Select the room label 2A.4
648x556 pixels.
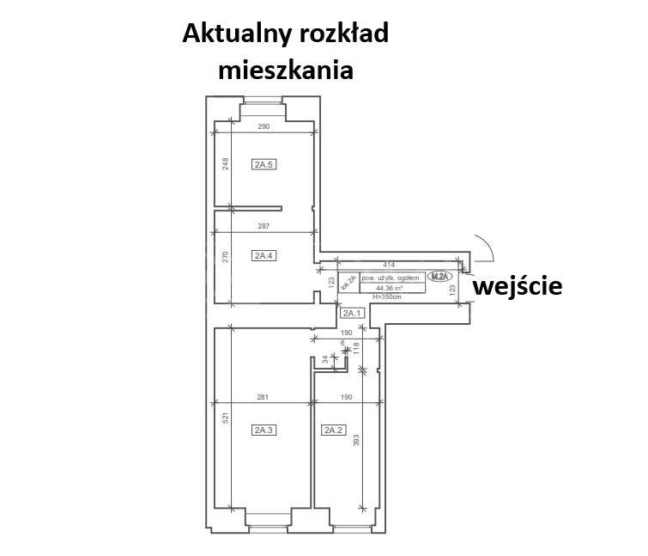click(x=263, y=254)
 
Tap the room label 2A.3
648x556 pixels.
click(x=263, y=430)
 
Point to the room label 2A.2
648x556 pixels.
click(x=333, y=430)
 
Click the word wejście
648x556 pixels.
click(x=518, y=285)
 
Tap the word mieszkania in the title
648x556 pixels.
click(x=286, y=70)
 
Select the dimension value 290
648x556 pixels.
click(x=263, y=126)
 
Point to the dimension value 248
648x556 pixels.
click(x=225, y=164)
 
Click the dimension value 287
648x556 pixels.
click(x=263, y=227)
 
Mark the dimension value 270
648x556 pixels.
click(x=225, y=255)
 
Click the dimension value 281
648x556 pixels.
click(x=263, y=397)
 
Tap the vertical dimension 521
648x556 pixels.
click(x=225, y=419)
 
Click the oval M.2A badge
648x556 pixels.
click(x=439, y=276)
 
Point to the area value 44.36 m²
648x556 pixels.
click(x=392, y=287)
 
